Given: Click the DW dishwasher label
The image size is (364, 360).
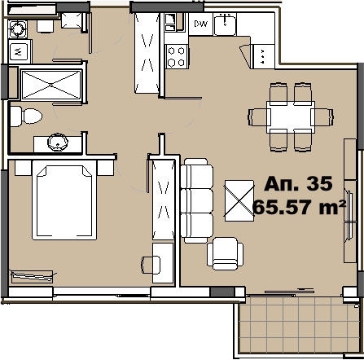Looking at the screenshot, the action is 201,24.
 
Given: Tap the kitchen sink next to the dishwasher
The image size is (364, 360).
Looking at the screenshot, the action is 225,24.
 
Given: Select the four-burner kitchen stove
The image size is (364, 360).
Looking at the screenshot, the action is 176,56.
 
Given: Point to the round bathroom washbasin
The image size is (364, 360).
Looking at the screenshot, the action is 58,142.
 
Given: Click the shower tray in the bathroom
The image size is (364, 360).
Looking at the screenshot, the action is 51,85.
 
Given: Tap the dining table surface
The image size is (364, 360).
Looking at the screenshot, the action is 291,117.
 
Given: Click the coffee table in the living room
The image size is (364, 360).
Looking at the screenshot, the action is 239,200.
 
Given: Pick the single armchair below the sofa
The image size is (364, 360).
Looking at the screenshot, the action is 225,253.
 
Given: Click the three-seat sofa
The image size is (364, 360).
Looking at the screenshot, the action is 197,200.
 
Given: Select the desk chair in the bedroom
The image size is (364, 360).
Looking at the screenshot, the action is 151,265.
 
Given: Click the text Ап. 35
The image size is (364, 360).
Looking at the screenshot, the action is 298,183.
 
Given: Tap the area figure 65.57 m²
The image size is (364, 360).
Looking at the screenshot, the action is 299,207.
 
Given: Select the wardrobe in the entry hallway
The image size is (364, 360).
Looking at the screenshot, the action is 147,53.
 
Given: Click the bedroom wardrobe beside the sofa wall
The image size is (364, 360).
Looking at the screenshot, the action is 163,200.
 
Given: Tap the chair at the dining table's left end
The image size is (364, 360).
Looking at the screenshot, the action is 258,117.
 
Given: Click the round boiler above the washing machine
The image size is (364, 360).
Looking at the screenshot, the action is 18,29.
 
